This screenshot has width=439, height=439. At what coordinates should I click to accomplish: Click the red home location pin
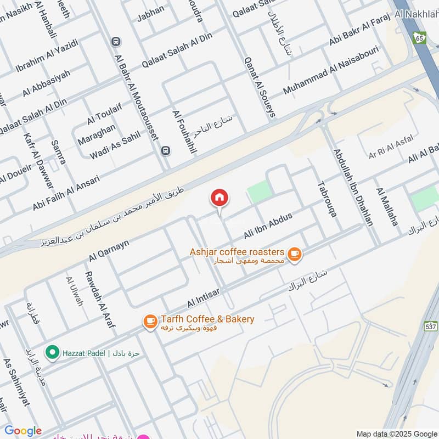[219, 198]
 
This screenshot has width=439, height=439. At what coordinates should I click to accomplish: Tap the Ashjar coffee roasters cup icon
[295, 254]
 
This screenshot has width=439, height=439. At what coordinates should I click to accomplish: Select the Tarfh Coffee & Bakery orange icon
[150, 322]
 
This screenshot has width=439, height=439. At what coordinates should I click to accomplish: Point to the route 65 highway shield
[419, 37]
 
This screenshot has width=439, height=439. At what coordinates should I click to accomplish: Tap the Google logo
[23, 431]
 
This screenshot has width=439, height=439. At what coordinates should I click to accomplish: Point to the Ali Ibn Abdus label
[268, 226]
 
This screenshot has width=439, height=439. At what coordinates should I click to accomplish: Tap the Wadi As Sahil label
[116, 148]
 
